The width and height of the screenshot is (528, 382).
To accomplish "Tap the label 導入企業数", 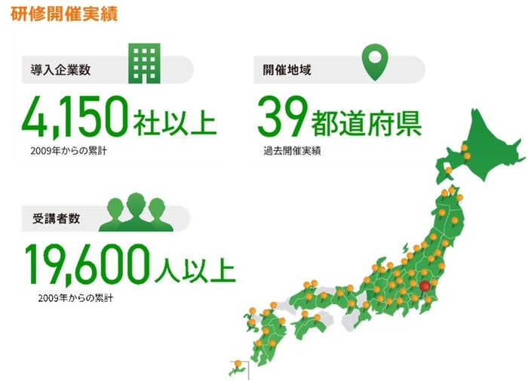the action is click(x=61, y=70).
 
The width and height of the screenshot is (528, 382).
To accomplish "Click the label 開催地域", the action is click(x=287, y=70).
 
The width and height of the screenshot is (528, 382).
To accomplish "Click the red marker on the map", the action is click(x=425, y=286).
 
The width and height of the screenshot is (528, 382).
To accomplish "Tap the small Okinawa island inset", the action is click(x=237, y=368).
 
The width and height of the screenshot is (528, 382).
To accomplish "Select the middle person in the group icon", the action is click(x=136, y=210).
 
